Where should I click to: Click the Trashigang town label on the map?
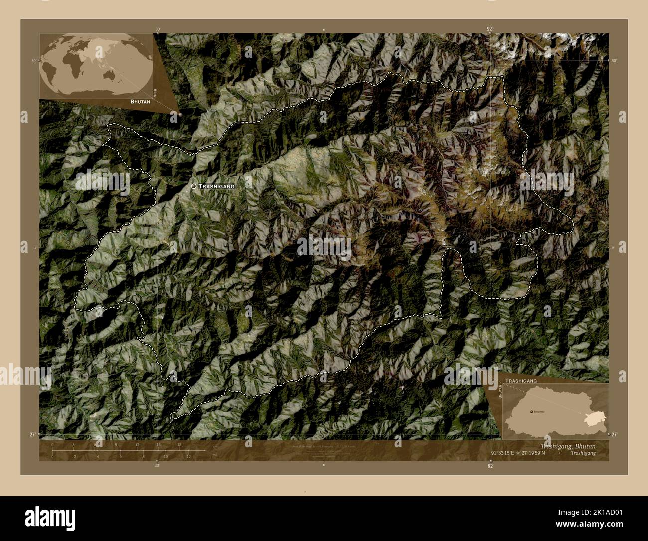[216, 186]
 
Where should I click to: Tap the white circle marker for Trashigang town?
[194, 186]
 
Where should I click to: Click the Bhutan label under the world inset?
[140, 101]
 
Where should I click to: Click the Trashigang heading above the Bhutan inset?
[521, 380]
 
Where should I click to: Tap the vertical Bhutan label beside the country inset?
[500, 391]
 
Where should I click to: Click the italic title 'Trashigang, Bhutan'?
[568, 446]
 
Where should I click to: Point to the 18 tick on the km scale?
[179, 445]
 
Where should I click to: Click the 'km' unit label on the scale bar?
[215, 447]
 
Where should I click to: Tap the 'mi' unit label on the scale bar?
[215, 455]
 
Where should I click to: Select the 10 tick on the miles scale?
[166, 457]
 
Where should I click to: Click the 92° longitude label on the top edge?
[490, 29]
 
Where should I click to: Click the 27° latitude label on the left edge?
[32, 435]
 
